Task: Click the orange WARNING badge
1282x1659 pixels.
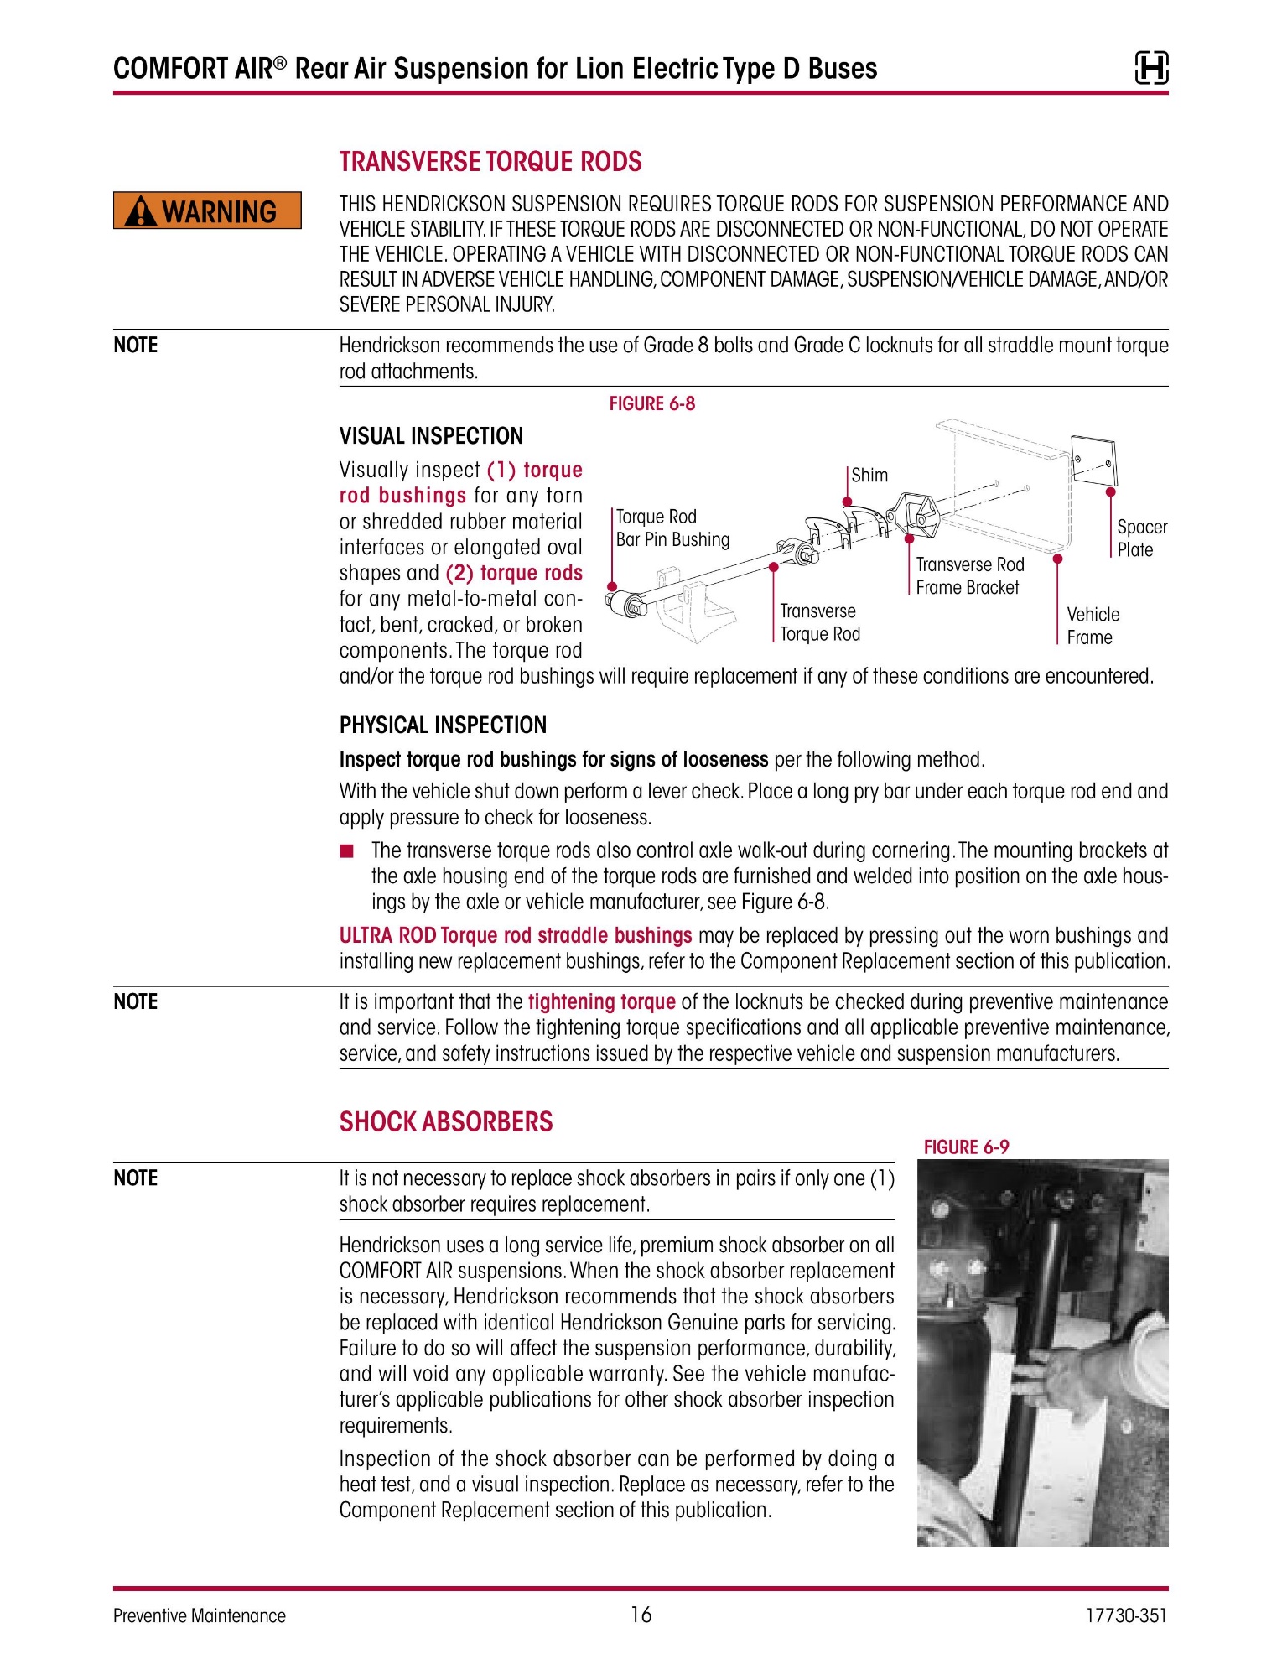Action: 207,211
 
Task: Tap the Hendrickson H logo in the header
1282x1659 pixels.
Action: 1151,68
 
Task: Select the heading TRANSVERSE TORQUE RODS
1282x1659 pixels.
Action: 490,162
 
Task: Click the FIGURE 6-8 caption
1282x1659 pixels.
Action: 651,403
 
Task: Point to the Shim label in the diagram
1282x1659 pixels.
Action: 869,475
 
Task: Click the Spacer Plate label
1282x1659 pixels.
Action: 1142,538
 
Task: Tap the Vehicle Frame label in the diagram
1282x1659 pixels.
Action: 1093,626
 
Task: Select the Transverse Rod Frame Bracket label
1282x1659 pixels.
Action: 970,576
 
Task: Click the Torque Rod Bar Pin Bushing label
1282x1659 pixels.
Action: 672,528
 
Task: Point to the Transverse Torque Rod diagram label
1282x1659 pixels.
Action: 820,622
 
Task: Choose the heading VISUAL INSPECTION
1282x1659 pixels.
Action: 431,436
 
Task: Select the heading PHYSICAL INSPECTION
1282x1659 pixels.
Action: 443,725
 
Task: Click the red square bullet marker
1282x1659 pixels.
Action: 347,852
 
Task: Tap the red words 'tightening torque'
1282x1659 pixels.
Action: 601,1002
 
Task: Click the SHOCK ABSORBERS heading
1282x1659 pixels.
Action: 446,1122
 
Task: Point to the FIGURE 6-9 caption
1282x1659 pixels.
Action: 966,1147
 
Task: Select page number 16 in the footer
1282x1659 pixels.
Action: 641,1615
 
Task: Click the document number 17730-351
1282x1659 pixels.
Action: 1125,1615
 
